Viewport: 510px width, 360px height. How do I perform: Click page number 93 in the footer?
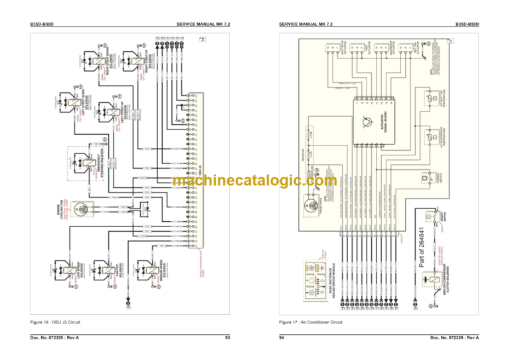pos(228,339)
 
